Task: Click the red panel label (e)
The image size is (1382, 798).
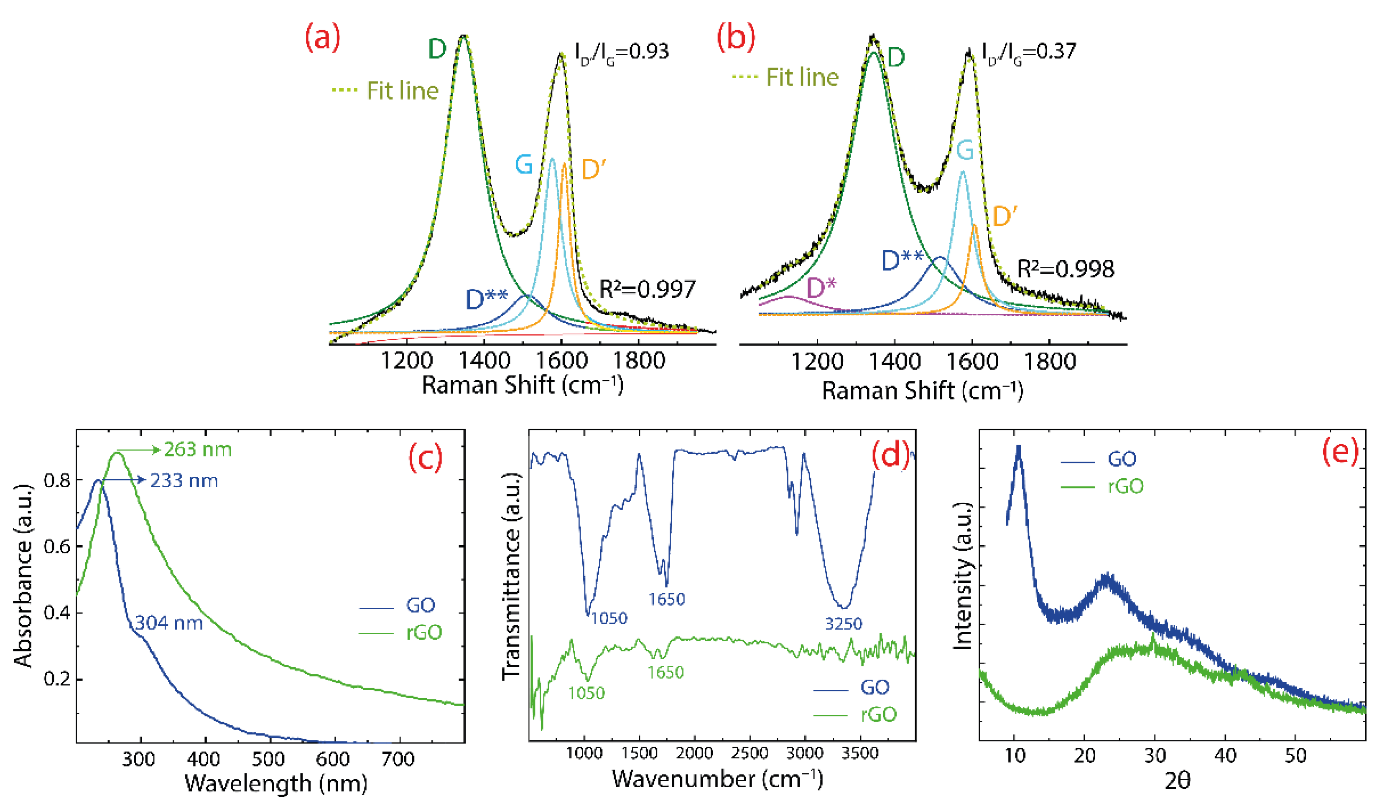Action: [1340, 452]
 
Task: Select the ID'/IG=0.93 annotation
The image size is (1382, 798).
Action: [622, 52]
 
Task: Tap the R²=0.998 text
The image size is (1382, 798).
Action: [1065, 269]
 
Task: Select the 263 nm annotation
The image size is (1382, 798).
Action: [198, 450]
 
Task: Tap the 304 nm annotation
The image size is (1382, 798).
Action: [169, 623]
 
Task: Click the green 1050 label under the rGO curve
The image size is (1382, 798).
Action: [586, 693]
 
